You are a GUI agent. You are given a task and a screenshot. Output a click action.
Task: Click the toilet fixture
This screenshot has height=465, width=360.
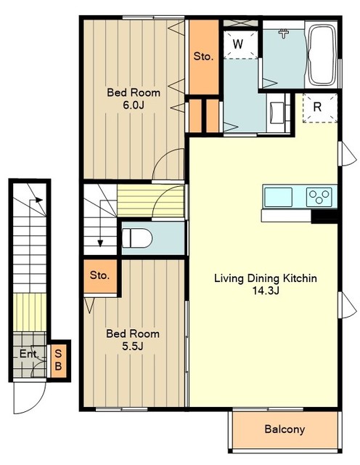[137, 238]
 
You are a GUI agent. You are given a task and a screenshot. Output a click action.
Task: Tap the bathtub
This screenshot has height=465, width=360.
[322, 54]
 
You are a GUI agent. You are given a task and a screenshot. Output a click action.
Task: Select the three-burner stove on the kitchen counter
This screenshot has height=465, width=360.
[319, 197]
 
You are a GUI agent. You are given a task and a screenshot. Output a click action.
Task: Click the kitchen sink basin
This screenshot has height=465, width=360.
[278, 197]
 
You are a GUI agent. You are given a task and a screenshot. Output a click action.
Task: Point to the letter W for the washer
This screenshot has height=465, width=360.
[238, 44]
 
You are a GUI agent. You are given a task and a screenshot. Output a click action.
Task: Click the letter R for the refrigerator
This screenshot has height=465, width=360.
[317, 107]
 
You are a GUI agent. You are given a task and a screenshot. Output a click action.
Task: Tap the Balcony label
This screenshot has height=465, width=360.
[285, 429]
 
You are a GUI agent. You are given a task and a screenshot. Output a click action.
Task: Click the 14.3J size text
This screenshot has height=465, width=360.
[266, 291]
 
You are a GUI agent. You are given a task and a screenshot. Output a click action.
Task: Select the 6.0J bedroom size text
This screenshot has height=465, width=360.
[134, 105]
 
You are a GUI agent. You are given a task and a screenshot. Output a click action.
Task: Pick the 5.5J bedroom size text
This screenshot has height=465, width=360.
[133, 346]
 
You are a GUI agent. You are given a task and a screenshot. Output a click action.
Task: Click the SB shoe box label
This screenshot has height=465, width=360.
[58, 360]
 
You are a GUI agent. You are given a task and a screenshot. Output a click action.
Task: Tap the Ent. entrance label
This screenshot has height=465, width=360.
[29, 354]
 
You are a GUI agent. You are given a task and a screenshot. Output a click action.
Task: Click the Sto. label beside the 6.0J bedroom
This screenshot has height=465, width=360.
[203, 57]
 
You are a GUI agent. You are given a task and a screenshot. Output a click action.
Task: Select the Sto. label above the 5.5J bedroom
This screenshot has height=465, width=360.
[100, 275]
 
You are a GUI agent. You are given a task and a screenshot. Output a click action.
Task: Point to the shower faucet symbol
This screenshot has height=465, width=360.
[284, 33]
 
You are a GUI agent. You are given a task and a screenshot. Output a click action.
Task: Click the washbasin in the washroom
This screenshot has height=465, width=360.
[278, 113]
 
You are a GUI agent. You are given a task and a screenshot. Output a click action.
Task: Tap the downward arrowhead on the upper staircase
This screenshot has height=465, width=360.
[100, 243]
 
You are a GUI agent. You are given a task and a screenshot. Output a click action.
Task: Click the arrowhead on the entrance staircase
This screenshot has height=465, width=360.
[39, 200]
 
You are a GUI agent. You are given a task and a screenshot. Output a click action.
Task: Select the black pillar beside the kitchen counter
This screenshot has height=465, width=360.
[324, 217]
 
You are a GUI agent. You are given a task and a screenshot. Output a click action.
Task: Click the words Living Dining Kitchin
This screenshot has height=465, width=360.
[266, 278]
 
